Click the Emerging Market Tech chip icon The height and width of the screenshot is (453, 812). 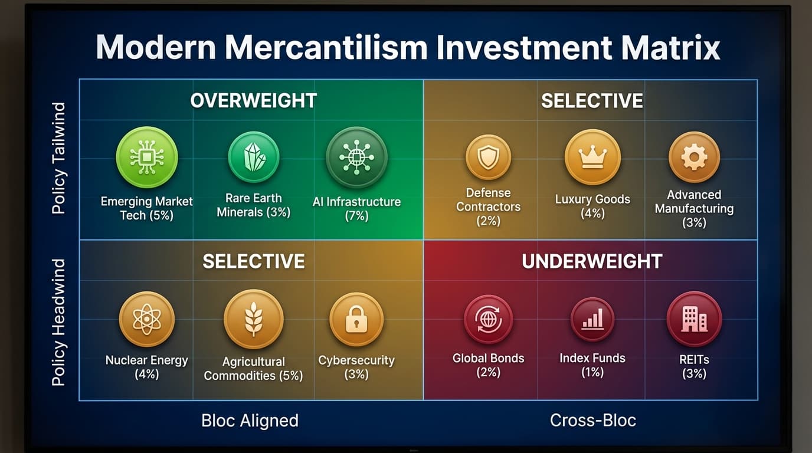point(146,157)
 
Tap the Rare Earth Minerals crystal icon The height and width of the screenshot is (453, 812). point(254,157)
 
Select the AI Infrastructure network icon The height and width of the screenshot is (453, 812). point(356,157)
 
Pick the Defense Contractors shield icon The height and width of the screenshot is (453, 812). point(488,157)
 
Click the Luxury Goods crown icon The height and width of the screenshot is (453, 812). point(592,157)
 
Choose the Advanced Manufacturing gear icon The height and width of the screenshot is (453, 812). point(694,157)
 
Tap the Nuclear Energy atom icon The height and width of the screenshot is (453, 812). point(146,319)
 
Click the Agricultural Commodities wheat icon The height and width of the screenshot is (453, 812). point(254,319)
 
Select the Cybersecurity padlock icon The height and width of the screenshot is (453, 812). point(356,319)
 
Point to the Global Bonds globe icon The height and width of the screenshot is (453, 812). point(488,319)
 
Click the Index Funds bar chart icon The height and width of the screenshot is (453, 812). point(592,319)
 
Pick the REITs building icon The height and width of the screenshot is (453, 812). point(694,319)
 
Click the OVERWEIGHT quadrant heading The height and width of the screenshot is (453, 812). point(254,101)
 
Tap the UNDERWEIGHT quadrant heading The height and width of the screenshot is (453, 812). point(592,261)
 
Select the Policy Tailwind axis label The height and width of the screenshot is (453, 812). point(59,158)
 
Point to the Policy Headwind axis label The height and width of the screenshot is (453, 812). point(59,322)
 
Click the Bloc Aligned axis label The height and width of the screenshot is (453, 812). point(250,421)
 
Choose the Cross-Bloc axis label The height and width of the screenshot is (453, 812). point(593,421)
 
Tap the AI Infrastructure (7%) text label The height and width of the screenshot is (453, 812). point(356,209)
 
